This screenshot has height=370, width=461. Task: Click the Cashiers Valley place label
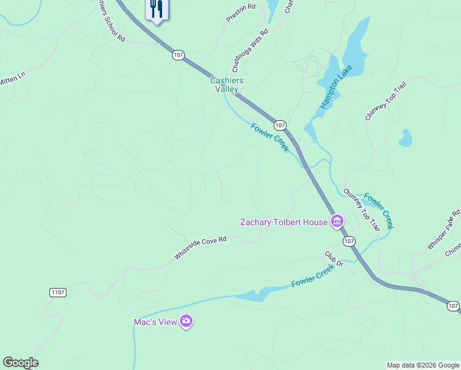[227, 84]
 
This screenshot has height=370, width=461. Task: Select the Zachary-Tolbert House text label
[283, 221]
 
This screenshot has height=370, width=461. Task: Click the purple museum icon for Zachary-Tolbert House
[337, 221]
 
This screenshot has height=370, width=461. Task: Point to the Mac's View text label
[154, 321]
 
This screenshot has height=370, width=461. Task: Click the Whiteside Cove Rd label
[200, 247]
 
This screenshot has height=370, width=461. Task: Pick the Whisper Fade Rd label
[444, 230]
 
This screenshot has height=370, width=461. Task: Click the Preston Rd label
[240, 13]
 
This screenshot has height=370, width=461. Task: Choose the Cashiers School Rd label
[112, 22]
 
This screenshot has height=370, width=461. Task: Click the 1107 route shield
[58, 292]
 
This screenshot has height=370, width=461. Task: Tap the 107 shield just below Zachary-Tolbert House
[349, 240]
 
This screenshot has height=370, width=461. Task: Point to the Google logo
[20, 363]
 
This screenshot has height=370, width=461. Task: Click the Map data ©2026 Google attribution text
[422, 365]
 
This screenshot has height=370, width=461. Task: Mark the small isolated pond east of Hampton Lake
[405, 138]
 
